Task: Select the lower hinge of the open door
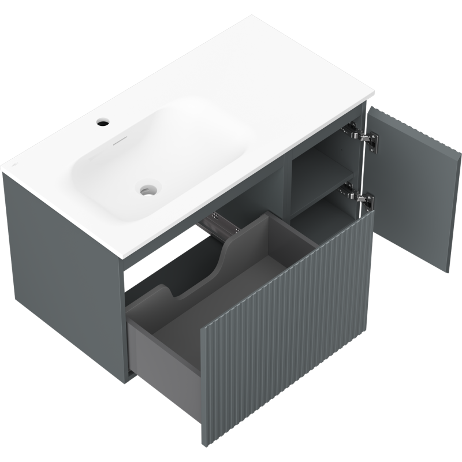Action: click(362, 196)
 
